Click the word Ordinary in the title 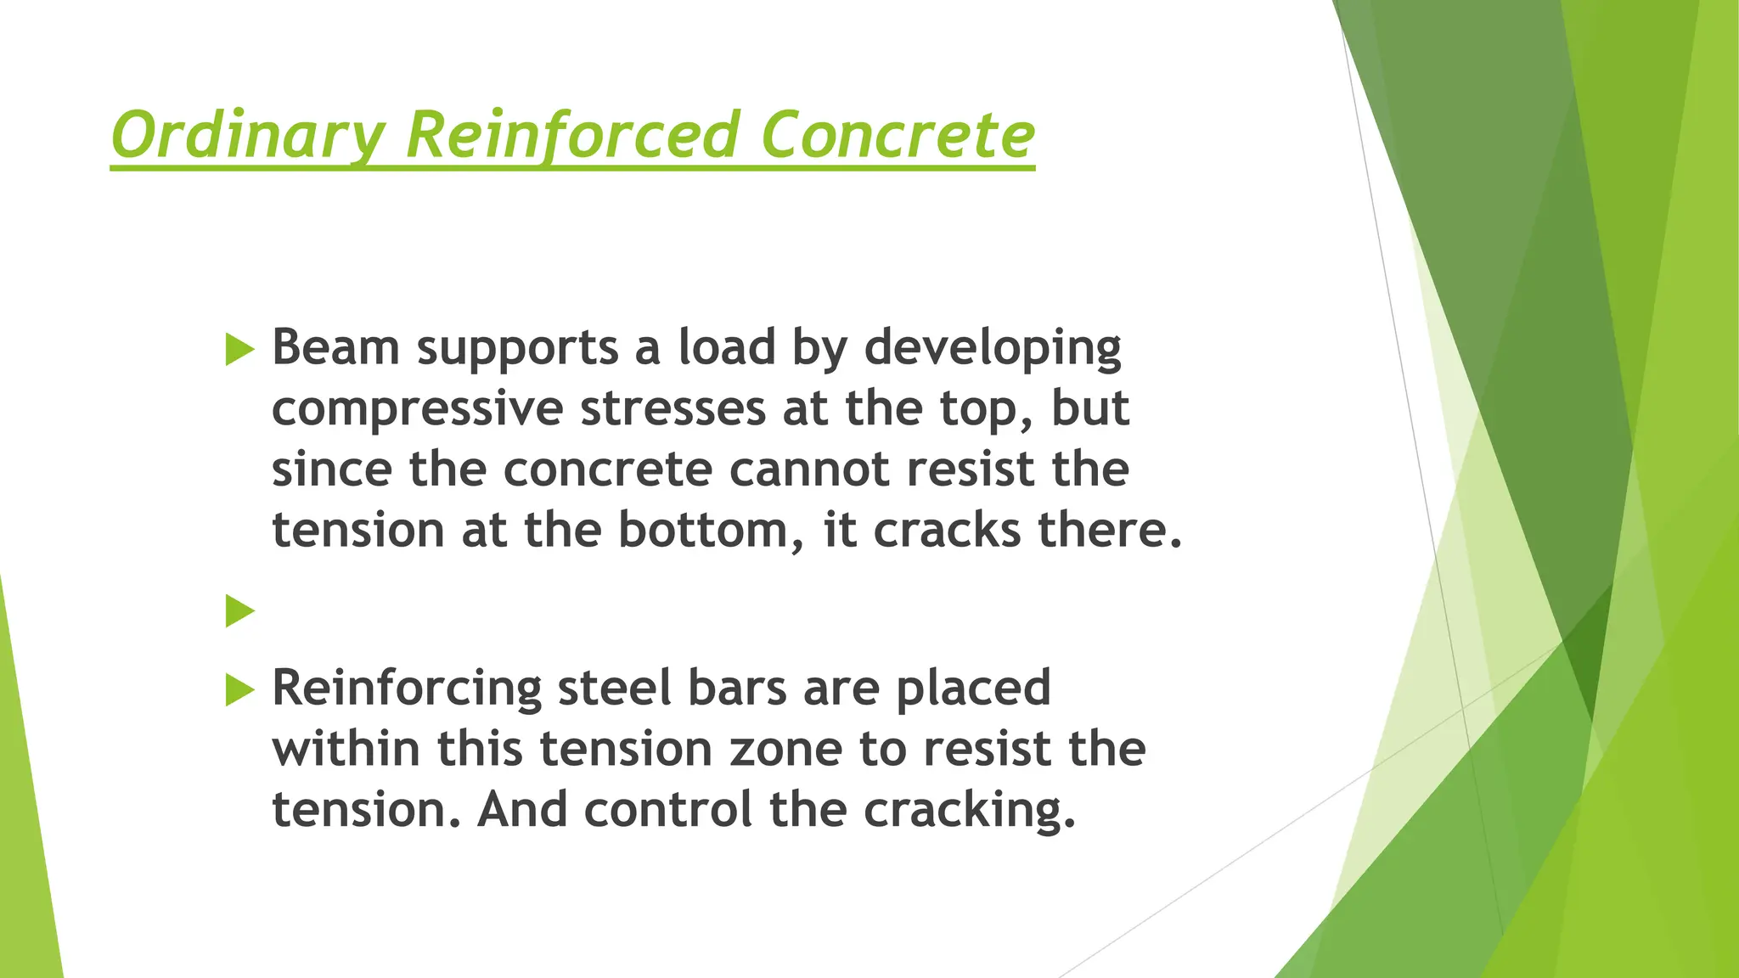coord(247,136)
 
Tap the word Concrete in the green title coord(898,136)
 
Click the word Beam coord(335,347)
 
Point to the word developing coord(993,349)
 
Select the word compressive coord(417,410)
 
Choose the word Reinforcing coord(407,689)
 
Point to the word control coord(668,809)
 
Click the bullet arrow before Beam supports coord(239,350)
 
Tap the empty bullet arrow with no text coord(239,610)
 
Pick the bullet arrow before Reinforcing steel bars coord(239,689)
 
